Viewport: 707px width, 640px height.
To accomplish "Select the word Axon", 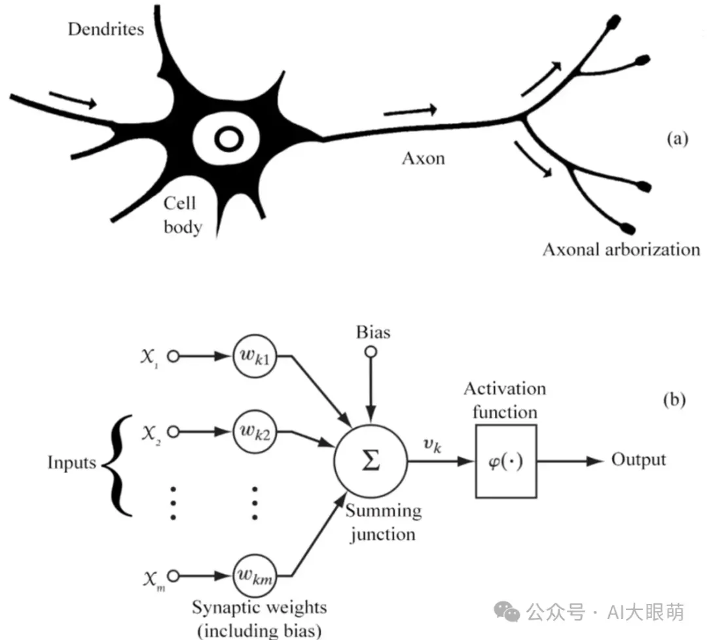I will pyautogui.click(x=423, y=158).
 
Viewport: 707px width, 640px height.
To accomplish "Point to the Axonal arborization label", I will pyautogui.click(x=621, y=249).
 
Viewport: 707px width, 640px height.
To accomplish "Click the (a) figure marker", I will pyautogui.click(x=677, y=139).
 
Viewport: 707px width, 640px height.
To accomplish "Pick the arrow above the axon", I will pyautogui.click(x=410, y=110).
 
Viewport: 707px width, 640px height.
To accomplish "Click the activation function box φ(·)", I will pyautogui.click(x=506, y=461).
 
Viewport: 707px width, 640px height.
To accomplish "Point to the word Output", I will pyautogui.click(x=638, y=460).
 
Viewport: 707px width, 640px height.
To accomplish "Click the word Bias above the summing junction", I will pyautogui.click(x=372, y=332).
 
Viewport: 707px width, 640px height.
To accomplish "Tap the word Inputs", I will pyautogui.click(x=71, y=463).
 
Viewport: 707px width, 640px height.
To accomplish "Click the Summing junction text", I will pyautogui.click(x=382, y=522).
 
